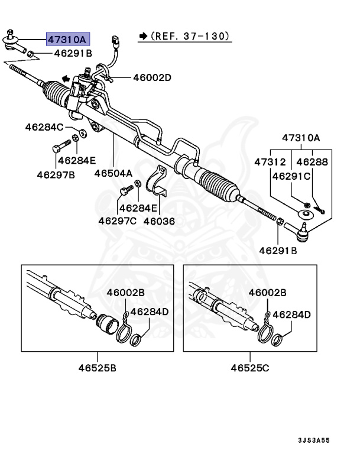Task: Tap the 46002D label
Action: click(152, 77)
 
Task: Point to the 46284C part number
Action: click(44, 127)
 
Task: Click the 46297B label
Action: click(56, 174)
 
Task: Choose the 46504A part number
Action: click(113, 174)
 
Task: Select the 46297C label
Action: click(117, 221)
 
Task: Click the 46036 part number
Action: click(161, 221)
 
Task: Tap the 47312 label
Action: click(270, 161)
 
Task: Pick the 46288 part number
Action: click(312, 161)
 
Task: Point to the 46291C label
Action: click(291, 176)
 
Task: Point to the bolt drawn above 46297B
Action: click(57, 148)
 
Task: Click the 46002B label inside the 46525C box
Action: click(267, 293)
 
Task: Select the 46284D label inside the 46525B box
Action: click(150, 312)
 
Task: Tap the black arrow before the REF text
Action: click(142, 37)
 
